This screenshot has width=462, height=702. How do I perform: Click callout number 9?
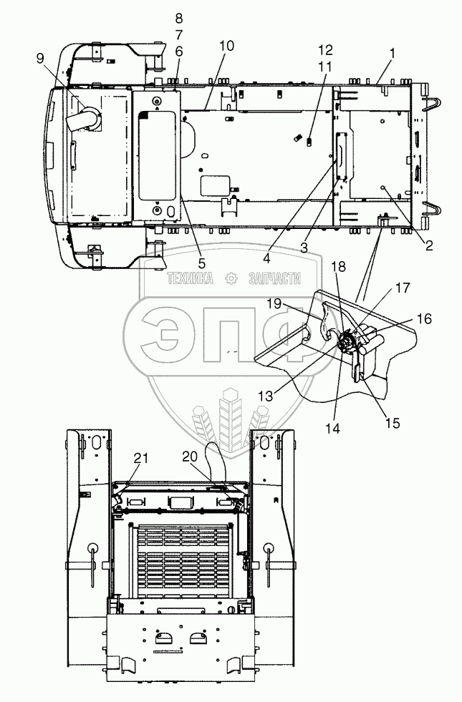(x=40, y=58)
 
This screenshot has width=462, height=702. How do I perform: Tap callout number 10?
(x=227, y=45)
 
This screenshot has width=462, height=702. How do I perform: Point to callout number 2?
(x=429, y=245)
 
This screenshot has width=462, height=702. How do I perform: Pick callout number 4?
(x=267, y=258)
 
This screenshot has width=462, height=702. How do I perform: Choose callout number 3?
(x=304, y=248)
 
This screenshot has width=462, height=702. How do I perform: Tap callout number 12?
(x=326, y=49)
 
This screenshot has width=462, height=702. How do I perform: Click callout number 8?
(x=179, y=19)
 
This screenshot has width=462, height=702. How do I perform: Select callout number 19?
(x=274, y=304)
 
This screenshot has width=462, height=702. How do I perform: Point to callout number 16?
(x=424, y=318)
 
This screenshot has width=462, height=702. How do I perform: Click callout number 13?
(x=265, y=396)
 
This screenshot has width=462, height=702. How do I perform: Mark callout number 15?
(x=393, y=423)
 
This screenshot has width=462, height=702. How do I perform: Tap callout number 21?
(x=140, y=458)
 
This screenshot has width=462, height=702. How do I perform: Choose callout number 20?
(x=190, y=457)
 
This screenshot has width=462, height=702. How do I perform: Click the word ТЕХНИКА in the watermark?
(x=191, y=278)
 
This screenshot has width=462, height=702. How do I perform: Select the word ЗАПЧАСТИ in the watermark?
(x=274, y=278)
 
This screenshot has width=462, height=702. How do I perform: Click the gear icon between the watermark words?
(x=231, y=278)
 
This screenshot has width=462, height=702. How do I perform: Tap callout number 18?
(x=339, y=266)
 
